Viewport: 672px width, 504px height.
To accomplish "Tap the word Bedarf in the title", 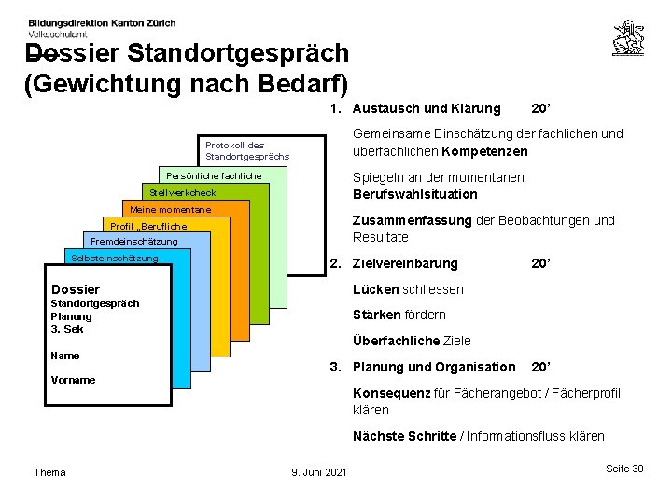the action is click(289, 84).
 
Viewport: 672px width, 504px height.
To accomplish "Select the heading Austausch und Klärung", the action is click(426, 108).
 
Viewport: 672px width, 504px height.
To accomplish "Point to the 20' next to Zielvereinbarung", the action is click(539, 264).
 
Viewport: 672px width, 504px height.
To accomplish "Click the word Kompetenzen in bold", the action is click(485, 151).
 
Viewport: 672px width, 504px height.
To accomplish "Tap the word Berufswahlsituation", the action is click(414, 194).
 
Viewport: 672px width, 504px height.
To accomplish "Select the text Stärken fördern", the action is click(399, 315).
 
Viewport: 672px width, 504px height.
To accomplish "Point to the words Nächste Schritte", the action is click(404, 436).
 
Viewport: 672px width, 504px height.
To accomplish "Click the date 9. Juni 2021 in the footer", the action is click(319, 472).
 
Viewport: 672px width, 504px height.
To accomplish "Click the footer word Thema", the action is click(49, 472).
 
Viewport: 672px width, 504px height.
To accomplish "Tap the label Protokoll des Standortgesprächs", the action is click(246, 150).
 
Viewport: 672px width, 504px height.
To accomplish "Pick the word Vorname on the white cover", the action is click(73, 380).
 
